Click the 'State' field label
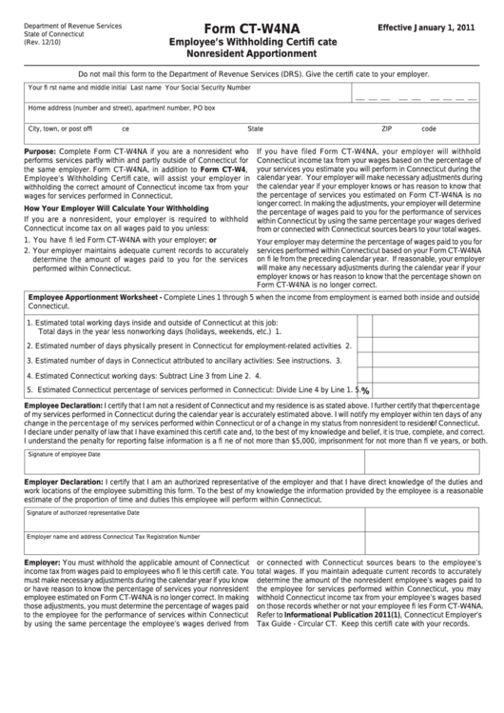pos(256,128)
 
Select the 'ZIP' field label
pos(387,128)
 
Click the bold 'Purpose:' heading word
pos(40,150)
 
